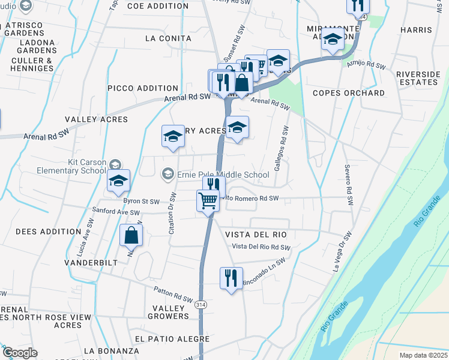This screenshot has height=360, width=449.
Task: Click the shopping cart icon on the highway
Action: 208,200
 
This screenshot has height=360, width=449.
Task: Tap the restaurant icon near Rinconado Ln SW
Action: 231,278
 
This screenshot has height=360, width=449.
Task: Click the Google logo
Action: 20,353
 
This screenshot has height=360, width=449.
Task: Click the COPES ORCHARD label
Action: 349,93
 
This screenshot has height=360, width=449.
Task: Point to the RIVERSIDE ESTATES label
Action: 418,78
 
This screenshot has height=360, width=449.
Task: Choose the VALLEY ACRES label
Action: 97,119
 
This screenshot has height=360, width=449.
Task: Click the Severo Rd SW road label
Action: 348,187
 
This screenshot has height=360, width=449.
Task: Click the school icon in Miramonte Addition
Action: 333,40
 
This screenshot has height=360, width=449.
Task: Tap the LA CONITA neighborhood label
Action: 168,38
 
